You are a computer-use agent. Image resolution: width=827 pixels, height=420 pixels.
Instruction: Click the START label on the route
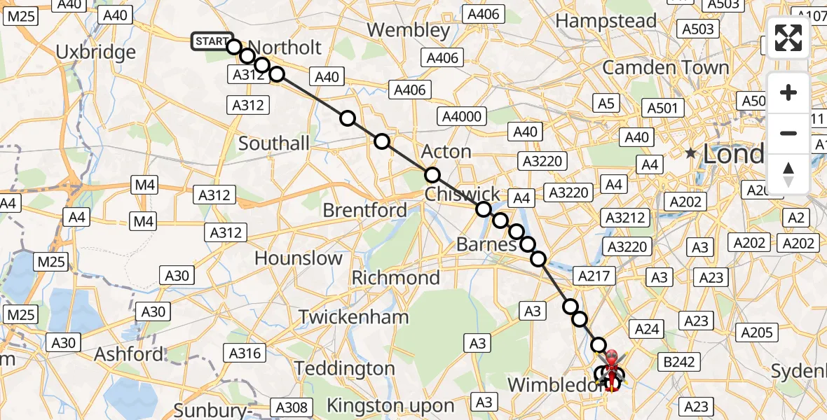tap(211, 42)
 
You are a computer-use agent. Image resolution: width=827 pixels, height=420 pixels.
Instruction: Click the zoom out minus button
tap(788, 133)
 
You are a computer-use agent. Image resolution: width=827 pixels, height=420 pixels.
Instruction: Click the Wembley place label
tap(409, 30)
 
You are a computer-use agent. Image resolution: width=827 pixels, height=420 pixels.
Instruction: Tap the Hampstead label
tap(606, 21)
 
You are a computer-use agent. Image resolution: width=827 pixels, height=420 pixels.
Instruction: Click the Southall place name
tap(274, 143)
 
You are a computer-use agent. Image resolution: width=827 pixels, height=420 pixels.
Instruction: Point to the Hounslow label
tap(299, 258)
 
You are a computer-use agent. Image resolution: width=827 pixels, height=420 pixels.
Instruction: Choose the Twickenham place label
tap(353, 316)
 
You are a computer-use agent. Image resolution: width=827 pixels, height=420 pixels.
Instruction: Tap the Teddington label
tap(345, 368)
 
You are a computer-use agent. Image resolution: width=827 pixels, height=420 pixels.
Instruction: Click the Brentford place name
tap(364, 210)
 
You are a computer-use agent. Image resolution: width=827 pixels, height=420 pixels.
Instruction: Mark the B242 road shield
tap(679, 362)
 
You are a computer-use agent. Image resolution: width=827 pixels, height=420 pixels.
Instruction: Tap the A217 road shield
tap(594, 276)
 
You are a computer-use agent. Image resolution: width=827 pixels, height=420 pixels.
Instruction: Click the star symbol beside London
tap(691, 152)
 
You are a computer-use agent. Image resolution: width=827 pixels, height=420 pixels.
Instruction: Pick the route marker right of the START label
tap(234, 46)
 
